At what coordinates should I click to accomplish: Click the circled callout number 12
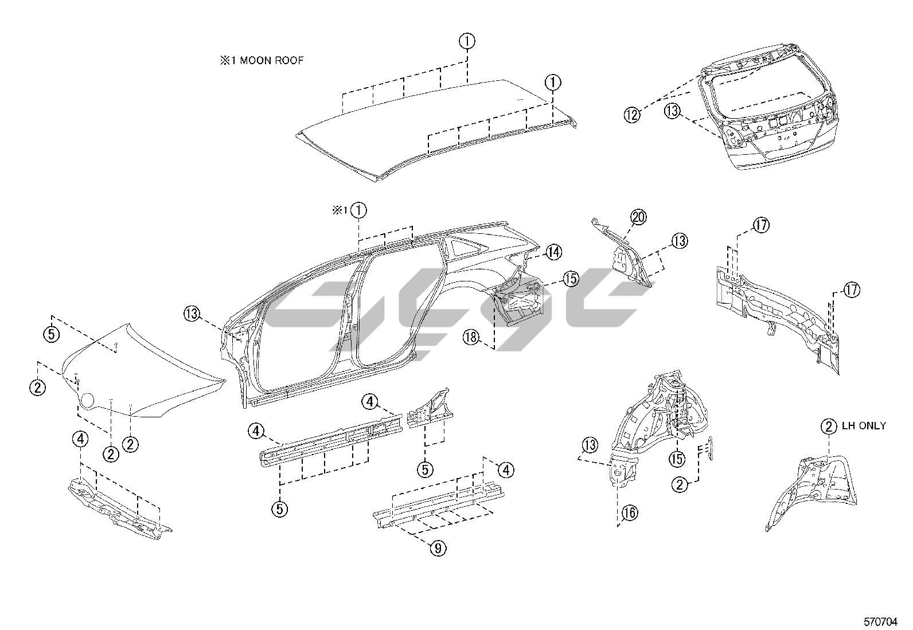[632, 115]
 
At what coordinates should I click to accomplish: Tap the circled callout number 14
[553, 252]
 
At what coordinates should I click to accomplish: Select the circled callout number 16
[630, 512]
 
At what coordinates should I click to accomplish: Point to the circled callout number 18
[471, 338]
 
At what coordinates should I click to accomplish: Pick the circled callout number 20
[638, 217]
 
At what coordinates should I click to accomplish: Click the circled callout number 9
[438, 548]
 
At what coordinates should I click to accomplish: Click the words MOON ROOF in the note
[272, 61]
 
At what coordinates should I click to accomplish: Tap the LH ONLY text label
[864, 425]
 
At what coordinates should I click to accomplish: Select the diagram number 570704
[880, 622]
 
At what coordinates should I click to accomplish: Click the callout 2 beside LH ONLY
[829, 427]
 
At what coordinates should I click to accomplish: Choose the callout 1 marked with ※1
[358, 210]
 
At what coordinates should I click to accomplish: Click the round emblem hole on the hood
[88, 400]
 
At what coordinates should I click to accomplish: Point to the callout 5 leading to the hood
[52, 334]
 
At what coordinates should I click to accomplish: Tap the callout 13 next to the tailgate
[672, 111]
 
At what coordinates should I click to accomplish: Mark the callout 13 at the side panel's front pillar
[192, 314]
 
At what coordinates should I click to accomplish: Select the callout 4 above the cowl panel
[80, 439]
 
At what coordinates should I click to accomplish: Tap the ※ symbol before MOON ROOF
[225, 61]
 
